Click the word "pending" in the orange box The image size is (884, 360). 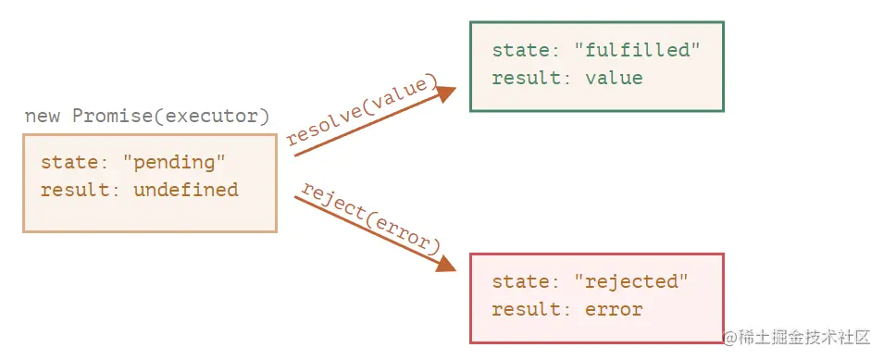tap(174, 164)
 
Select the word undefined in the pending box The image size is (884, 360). tap(186, 190)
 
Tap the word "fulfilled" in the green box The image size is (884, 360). tap(637, 51)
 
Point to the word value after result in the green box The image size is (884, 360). tap(614, 78)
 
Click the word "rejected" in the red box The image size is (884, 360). tap(631, 281)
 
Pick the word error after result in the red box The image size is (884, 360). tap(614, 309)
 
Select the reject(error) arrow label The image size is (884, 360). tap(370, 217)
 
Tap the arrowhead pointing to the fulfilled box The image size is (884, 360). tap(446, 94)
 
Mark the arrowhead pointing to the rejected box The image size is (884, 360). tap(446, 263)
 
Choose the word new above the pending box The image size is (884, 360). tap(42, 118)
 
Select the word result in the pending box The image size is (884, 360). tap(76, 190)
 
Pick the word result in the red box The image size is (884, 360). tap(527, 309)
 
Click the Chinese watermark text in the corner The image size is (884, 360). tap(797, 338)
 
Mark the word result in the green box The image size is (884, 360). tap(527, 78)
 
